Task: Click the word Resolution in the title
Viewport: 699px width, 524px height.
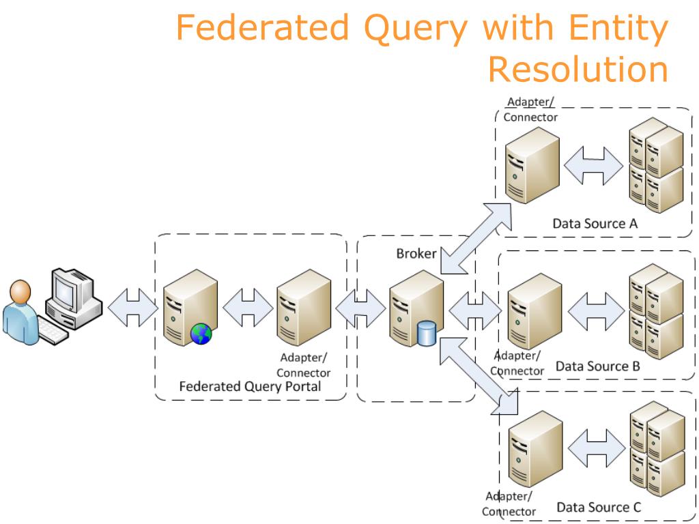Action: point(578,69)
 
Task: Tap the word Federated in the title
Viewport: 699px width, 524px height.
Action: point(263,27)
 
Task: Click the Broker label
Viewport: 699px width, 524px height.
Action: point(416,254)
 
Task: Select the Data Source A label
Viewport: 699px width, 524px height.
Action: point(595,223)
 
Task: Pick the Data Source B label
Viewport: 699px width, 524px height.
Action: point(598,366)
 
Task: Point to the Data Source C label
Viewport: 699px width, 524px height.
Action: point(599,507)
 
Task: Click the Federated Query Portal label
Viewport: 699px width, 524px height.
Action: point(250,386)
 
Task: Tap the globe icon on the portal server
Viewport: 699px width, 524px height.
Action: point(201,334)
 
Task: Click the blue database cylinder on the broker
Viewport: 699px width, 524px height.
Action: point(427,334)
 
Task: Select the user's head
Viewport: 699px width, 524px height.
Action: point(20,292)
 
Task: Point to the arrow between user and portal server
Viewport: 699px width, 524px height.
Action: point(133,308)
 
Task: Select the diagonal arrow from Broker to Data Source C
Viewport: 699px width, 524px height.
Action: point(479,376)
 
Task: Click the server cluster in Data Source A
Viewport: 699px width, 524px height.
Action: point(656,165)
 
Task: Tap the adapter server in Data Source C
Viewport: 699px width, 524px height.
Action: point(535,449)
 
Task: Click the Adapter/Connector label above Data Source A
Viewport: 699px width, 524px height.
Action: point(530,110)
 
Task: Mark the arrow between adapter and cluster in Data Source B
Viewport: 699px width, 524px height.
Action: point(596,310)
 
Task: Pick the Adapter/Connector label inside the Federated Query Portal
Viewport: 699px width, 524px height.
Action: point(304,365)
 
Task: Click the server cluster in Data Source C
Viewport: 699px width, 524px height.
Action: point(657,449)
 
